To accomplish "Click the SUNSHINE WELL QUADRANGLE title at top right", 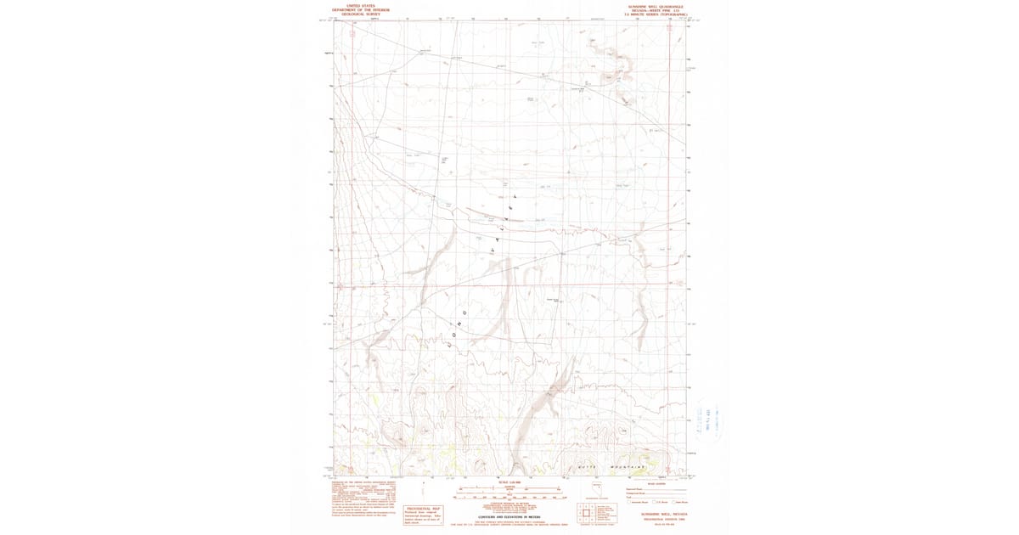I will pos(657,5).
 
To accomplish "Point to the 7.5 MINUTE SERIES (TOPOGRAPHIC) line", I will pos(657,14).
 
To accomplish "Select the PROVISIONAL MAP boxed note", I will pos(425,513).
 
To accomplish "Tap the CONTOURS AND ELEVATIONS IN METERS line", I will pos(509,516).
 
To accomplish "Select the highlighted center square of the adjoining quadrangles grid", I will pos(586,513).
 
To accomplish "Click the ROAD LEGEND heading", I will pos(656,483).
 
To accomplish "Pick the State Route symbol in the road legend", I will pos(674,502).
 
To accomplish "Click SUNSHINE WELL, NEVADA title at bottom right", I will pos(657,514).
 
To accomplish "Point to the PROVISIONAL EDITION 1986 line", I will pos(657,519).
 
